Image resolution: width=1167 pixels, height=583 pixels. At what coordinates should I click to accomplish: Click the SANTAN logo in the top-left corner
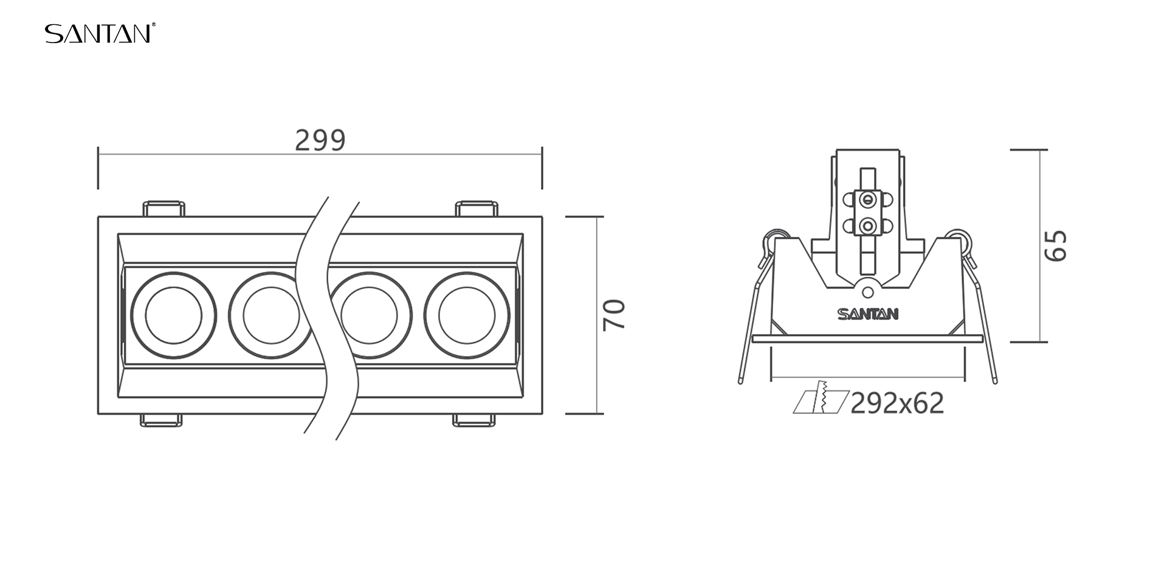pos(100,33)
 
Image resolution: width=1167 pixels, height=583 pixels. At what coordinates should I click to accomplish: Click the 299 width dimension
pos(320,140)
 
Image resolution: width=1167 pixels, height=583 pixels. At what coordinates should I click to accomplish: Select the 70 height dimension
pos(614,315)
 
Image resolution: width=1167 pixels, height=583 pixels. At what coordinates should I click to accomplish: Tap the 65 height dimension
pos(1055,245)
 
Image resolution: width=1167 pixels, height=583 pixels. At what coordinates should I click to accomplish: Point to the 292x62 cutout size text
pos(897,403)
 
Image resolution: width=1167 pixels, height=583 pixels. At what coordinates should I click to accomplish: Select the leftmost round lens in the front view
pos(174,315)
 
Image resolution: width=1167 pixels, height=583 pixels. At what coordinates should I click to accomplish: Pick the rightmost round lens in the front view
pos(467,315)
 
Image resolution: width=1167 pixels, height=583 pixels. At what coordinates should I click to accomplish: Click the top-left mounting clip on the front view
pos(164,208)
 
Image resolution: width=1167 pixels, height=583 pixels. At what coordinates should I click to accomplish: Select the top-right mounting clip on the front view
pos(477,208)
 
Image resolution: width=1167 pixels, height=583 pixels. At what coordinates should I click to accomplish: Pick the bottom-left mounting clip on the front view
pos(161,420)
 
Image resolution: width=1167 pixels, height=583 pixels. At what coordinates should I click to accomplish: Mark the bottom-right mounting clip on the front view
pos(473,420)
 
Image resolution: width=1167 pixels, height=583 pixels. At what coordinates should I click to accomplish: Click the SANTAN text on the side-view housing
pos(868,314)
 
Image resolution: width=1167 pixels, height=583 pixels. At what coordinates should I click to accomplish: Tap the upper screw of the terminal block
pos(869,199)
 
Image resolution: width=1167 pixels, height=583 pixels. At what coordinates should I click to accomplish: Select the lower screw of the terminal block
pos(869,227)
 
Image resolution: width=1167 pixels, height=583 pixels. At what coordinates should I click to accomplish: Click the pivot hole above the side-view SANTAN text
pos(868,293)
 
